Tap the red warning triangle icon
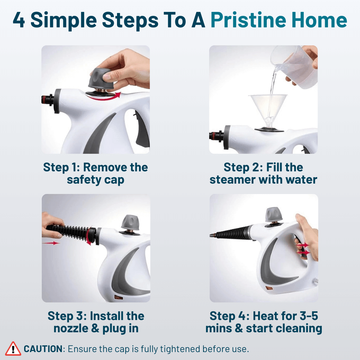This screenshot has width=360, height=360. point(13,348)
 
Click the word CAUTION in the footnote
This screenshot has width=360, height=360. point(43,349)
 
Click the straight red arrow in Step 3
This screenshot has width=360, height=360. point(51,243)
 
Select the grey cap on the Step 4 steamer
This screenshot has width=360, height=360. point(274,215)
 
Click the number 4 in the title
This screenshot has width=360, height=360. point(19,21)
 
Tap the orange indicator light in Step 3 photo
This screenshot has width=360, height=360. point(117,297)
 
